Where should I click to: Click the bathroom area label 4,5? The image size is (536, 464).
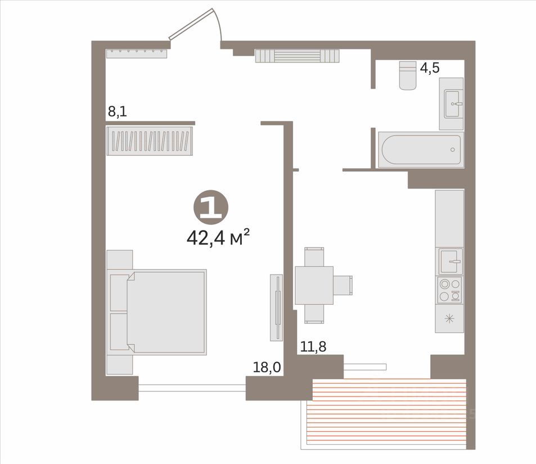430,68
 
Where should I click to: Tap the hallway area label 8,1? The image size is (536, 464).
118,111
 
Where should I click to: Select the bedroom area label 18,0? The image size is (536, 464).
267,367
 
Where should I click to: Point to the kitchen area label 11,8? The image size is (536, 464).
313,346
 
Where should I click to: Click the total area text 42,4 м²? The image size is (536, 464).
218,238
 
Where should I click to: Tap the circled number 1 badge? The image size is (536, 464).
211,207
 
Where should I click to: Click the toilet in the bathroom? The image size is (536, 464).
408,75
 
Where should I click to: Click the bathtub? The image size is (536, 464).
421,150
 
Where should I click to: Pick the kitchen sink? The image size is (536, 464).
451,262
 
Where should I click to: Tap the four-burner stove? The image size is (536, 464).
449,290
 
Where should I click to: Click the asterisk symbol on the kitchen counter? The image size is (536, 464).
449,319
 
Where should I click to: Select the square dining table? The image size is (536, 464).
314,285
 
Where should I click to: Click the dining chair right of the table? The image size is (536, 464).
343,285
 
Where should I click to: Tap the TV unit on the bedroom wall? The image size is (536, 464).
277,308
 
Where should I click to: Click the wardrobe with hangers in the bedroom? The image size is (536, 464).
150,141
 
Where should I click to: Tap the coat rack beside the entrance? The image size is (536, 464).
137,53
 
